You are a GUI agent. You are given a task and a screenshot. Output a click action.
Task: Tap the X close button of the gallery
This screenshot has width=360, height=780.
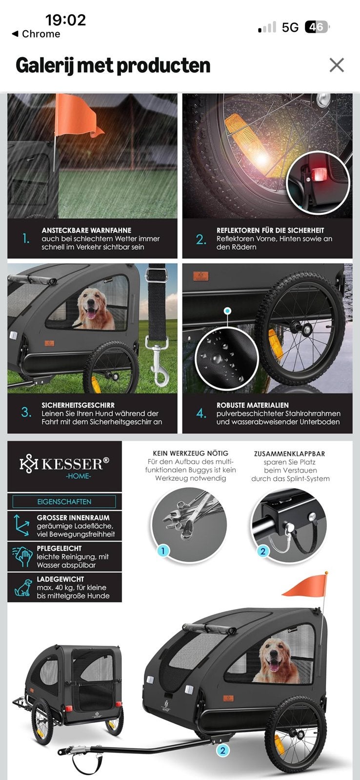pos(336,65)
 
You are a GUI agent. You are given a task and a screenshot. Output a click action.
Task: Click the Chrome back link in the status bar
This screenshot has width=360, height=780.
pos(36,34)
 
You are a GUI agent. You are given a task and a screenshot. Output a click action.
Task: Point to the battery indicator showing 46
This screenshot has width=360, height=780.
pos(317,27)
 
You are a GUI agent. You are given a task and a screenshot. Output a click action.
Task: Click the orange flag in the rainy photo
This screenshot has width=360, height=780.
pos(77,116)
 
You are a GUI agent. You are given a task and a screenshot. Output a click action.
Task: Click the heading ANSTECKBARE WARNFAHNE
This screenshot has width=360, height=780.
pos(86,230)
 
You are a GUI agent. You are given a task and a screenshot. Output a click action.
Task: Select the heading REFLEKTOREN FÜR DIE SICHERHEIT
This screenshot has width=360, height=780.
pos(270,230)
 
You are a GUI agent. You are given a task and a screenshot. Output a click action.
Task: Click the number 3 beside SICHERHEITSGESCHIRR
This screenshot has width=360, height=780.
pos(26,412)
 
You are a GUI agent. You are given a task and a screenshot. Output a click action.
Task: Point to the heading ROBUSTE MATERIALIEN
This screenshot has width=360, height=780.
pos(252,405)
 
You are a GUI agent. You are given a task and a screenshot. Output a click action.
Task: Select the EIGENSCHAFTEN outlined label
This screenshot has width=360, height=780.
pos(64,502)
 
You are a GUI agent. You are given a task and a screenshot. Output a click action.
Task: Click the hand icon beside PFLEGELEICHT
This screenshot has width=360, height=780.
pos(22,557)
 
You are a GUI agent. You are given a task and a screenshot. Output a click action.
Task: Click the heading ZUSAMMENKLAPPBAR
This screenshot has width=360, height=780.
pos(289,454)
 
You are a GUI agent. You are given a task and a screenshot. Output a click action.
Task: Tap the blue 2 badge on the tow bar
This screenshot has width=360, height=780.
pos(222,750)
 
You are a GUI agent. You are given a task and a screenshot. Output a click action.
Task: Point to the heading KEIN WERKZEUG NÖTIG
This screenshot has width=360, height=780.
pos(191,453)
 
